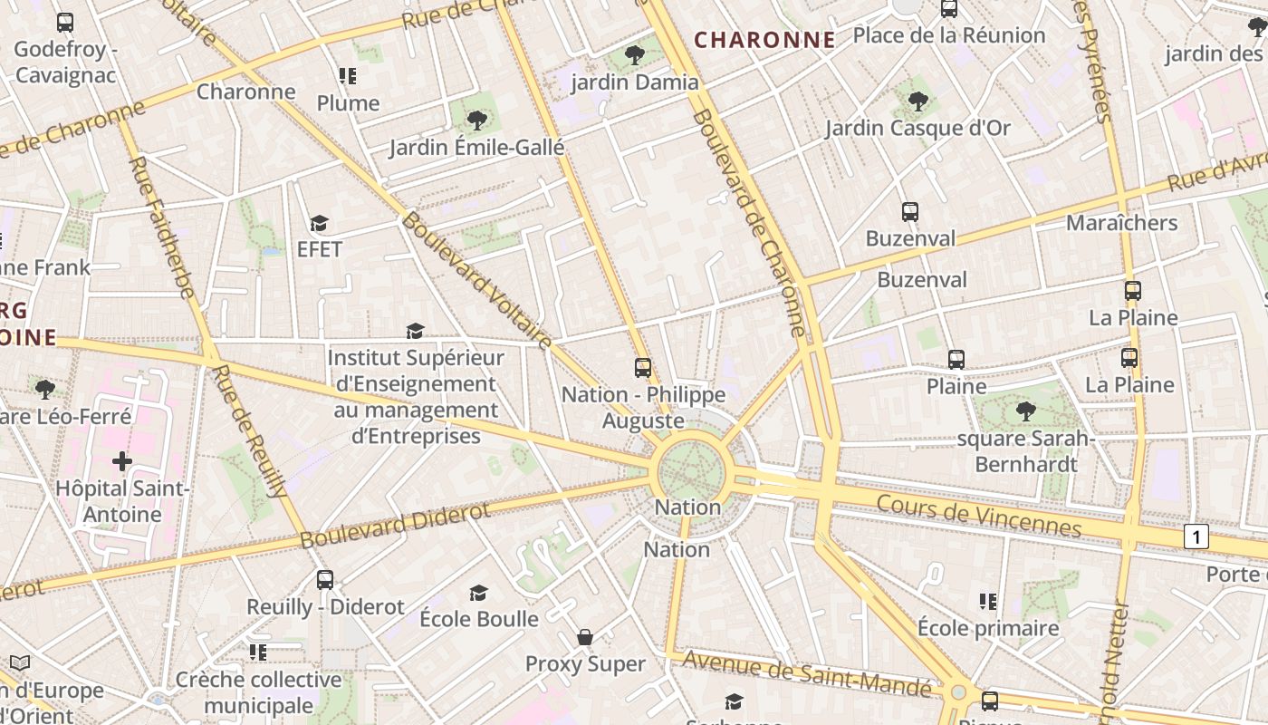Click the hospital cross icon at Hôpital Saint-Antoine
pos(122,462)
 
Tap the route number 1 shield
pos(1196,536)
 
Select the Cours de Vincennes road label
pos(979,515)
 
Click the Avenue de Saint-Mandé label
pos(806,674)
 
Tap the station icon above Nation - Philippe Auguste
pos(643,367)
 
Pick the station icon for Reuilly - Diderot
pos(325,579)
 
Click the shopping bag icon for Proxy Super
pos(585,637)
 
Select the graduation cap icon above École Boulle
pos(478,593)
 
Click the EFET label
pos(320,248)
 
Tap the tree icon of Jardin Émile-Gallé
pos(476,120)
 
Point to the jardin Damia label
pos(635,82)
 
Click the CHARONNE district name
pos(764,40)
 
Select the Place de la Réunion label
pos(949,35)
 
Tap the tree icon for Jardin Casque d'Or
pos(917,101)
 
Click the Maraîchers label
pos(1121,223)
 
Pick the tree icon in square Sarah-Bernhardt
pos(1025,411)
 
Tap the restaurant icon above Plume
pos(348,76)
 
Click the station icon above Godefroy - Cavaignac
pos(65,23)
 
